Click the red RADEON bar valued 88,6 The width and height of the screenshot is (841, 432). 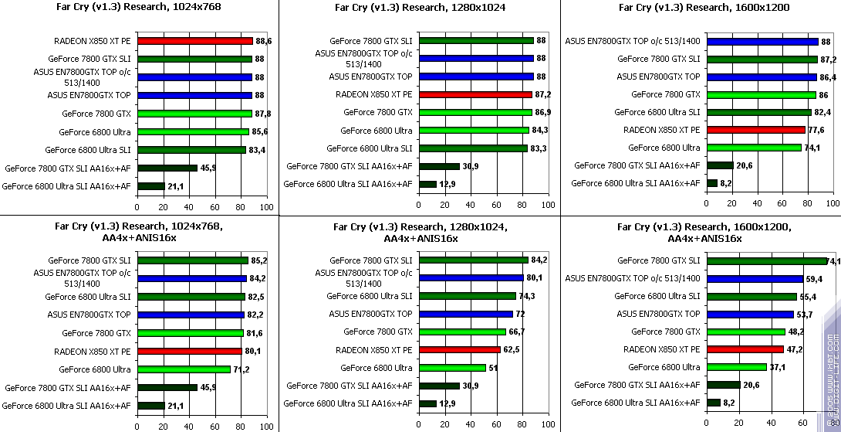coord(194,41)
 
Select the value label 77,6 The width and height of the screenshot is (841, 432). coord(816,130)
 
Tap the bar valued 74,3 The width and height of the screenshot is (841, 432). coord(467,296)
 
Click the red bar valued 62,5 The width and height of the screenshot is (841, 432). coord(458,350)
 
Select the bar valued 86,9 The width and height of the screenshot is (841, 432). coord(475,112)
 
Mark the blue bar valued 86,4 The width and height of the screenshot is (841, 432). coord(761,77)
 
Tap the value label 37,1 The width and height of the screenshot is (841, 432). coord(779,367)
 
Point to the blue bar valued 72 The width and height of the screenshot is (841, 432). coord(465,314)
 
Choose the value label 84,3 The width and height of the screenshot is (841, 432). coord(540,130)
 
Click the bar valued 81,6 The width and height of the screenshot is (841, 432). coord(190,333)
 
